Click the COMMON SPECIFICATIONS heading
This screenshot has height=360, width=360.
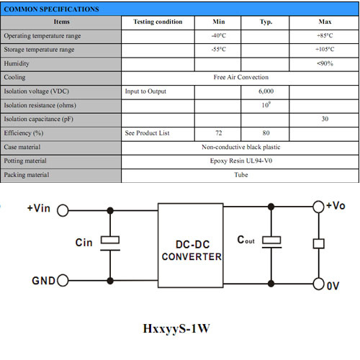click(x=51, y=9)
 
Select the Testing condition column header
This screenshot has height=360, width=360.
click(x=158, y=22)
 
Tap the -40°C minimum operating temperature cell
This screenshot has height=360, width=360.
click(x=219, y=36)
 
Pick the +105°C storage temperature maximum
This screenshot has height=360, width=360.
click(x=325, y=50)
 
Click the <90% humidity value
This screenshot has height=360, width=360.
click(x=325, y=63)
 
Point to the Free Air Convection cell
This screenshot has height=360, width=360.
click(x=241, y=77)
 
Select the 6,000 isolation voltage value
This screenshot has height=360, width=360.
click(x=266, y=91)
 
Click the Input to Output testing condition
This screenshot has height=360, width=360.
click(x=145, y=91)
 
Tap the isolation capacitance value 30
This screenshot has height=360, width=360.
click(x=325, y=119)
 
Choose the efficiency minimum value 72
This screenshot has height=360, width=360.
click(x=219, y=133)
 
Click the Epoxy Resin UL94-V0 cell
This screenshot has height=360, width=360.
click(x=241, y=161)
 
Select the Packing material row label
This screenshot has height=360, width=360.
click(x=27, y=175)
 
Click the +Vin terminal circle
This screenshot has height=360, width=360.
click(x=63, y=210)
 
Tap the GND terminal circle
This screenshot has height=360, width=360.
click(x=63, y=280)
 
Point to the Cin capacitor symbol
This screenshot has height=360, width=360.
click(x=110, y=243)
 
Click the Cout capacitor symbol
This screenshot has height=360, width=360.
click(x=271, y=242)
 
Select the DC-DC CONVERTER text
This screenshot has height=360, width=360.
click(x=192, y=251)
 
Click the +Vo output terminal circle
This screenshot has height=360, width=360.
click(x=318, y=207)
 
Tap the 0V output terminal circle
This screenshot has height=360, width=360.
click(x=318, y=284)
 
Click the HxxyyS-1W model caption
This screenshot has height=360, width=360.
click(x=176, y=328)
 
